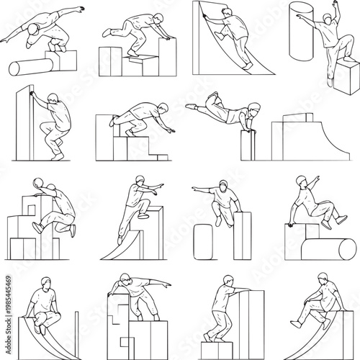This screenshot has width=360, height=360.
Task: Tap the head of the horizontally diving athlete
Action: pyautogui.click(x=251, y=112)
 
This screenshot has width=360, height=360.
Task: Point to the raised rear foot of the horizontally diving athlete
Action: pyautogui.click(x=211, y=95)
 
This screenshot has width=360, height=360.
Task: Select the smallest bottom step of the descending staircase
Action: pyautogui.click(x=160, y=156)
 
